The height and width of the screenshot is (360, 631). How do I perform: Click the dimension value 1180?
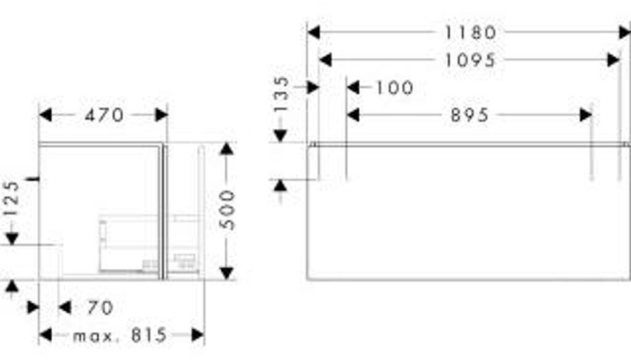pos(470,32)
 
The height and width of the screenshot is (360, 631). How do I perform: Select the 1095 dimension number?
pos(470,60)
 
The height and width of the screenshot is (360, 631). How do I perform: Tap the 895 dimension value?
pos(470,115)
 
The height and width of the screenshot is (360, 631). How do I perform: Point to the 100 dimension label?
pos(394,88)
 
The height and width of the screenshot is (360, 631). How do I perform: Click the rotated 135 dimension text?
pos(280,93)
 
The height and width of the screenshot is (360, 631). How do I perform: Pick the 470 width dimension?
pos(104,115)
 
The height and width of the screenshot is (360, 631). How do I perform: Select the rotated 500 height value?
pos(227,210)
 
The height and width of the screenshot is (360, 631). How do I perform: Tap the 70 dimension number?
pos(100,307)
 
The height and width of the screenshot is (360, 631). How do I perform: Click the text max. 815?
pos(120,335)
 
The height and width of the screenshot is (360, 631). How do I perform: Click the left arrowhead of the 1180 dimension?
pos(313,32)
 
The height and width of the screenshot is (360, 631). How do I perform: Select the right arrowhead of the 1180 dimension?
pos(624,32)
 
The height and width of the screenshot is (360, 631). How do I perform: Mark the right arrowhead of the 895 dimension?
pos(585,115)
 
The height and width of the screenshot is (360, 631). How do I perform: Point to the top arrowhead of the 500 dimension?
pos(227,149)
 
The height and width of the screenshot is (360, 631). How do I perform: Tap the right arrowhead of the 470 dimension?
pos(161,115)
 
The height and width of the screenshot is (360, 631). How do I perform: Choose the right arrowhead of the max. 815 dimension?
pos(198,335)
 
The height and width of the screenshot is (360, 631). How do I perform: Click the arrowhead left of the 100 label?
pos(353,88)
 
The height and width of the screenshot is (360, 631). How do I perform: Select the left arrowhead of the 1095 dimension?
pos(325,60)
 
